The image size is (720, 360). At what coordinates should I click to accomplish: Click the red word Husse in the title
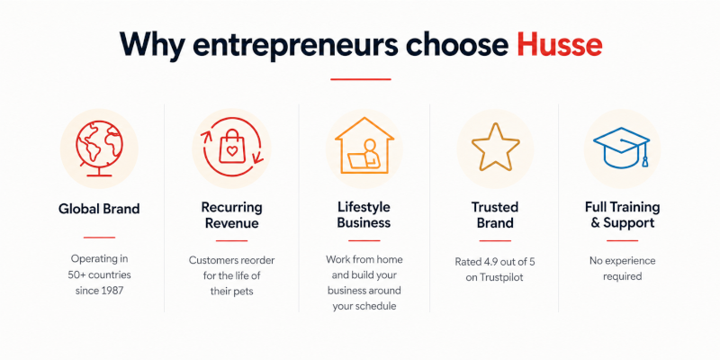pyautogui.click(x=559, y=44)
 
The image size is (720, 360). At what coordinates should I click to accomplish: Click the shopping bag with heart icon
pyautogui.click(x=232, y=146)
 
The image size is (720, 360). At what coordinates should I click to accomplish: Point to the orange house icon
pyautogui.click(x=364, y=145)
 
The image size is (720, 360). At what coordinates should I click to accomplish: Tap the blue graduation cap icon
pyautogui.click(x=621, y=148)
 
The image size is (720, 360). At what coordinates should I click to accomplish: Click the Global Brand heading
pyautogui.click(x=99, y=209)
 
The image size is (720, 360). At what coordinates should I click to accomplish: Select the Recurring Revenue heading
pyautogui.click(x=232, y=215)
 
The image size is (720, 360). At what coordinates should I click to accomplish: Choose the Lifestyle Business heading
pyautogui.click(x=364, y=215)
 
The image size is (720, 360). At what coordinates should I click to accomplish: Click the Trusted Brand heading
pyautogui.click(x=495, y=215)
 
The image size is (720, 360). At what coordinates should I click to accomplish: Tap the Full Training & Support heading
pyautogui.click(x=622, y=215)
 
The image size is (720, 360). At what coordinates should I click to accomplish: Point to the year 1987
pyautogui.click(x=112, y=291)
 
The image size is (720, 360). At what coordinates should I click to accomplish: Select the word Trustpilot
pyautogui.click(x=501, y=278)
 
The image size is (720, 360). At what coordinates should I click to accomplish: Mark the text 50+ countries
pyautogui.click(x=100, y=275)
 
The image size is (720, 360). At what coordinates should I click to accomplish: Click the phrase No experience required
pyautogui.click(x=622, y=268)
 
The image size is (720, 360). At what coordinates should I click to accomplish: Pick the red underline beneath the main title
pyautogui.click(x=361, y=79)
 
